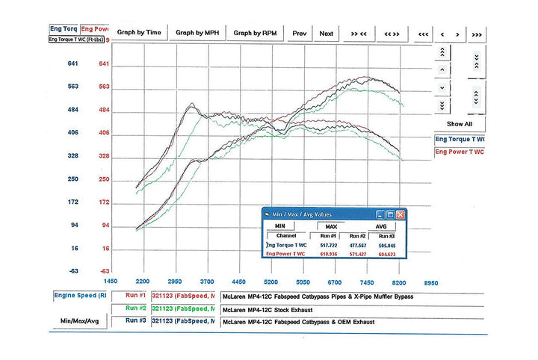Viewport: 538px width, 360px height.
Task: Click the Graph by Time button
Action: tap(139, 33)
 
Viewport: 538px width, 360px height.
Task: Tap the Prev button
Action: tap(299, 33)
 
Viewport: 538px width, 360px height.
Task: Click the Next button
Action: tap(327, 33)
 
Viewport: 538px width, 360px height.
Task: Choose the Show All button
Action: tap(460, 123)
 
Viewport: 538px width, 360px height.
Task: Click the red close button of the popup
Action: tap(401, 214)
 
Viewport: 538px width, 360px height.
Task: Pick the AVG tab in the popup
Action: tap(381, 225)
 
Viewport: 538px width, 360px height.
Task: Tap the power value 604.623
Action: tap(388, 254)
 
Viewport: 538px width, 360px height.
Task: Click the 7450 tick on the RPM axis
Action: tap(367, 282)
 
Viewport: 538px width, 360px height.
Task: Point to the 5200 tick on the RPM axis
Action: tap(270, 282)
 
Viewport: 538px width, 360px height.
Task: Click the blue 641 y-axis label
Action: tap(73, 63)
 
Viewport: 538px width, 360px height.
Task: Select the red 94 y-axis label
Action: tap(105, 226)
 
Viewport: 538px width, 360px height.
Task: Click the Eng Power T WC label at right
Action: tap(460, 152)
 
